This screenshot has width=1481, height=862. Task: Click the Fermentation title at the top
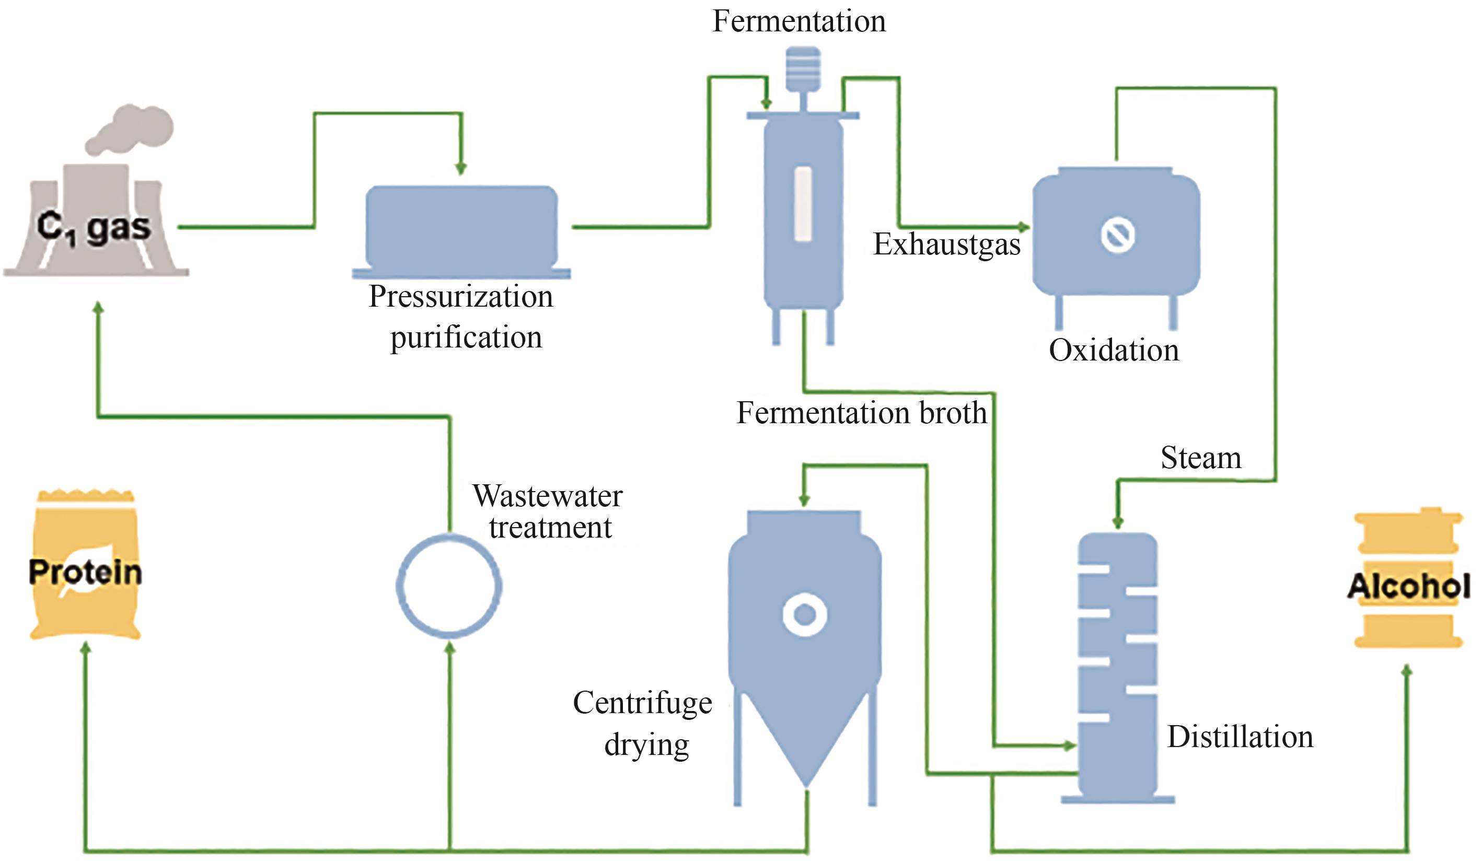coord(799,22)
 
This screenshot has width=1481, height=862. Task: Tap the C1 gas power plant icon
coord(94,226)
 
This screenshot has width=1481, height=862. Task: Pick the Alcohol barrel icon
coord(1408,579)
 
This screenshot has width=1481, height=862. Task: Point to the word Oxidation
coord(1114,351)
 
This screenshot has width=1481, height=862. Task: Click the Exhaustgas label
coord(946,244)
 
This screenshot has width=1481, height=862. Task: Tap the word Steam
coord(1201,458)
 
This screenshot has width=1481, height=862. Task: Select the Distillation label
coord(1240,737)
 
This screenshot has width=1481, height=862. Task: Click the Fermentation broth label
coord(862,413)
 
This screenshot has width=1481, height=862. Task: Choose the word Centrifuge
coord(642,703)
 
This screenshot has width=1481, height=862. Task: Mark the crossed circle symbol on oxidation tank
coord(1117,235)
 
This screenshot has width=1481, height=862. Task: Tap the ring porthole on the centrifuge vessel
coord(805,614)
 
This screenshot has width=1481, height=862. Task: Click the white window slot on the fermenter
coord(803,204)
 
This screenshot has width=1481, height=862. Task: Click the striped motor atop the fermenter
coord(803,67)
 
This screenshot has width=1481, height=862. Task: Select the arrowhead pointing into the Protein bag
coord(86,648)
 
